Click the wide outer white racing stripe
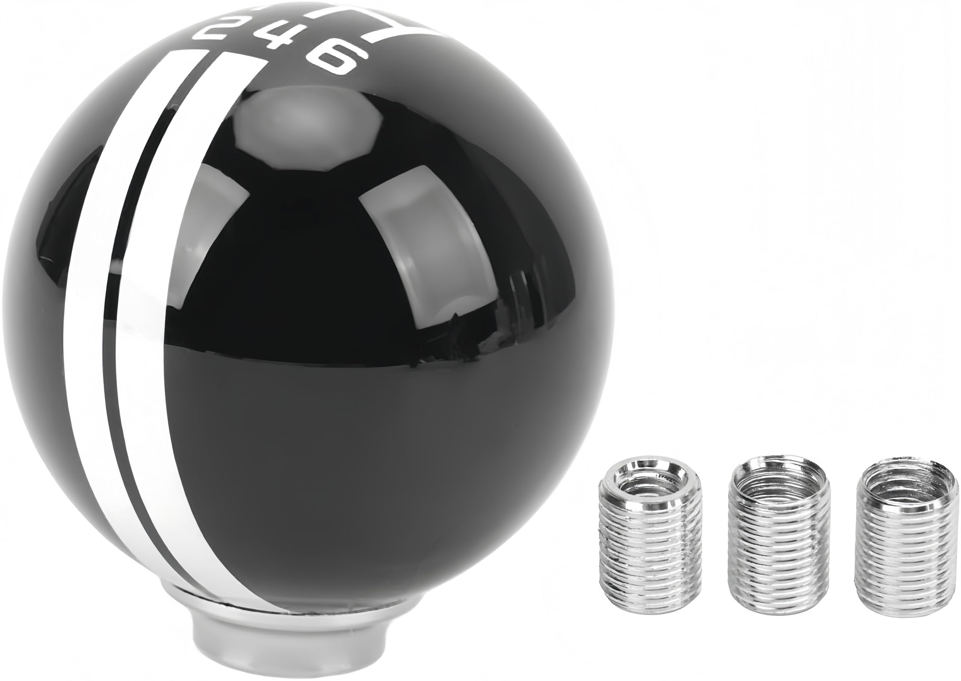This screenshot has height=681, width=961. (92, 336)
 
